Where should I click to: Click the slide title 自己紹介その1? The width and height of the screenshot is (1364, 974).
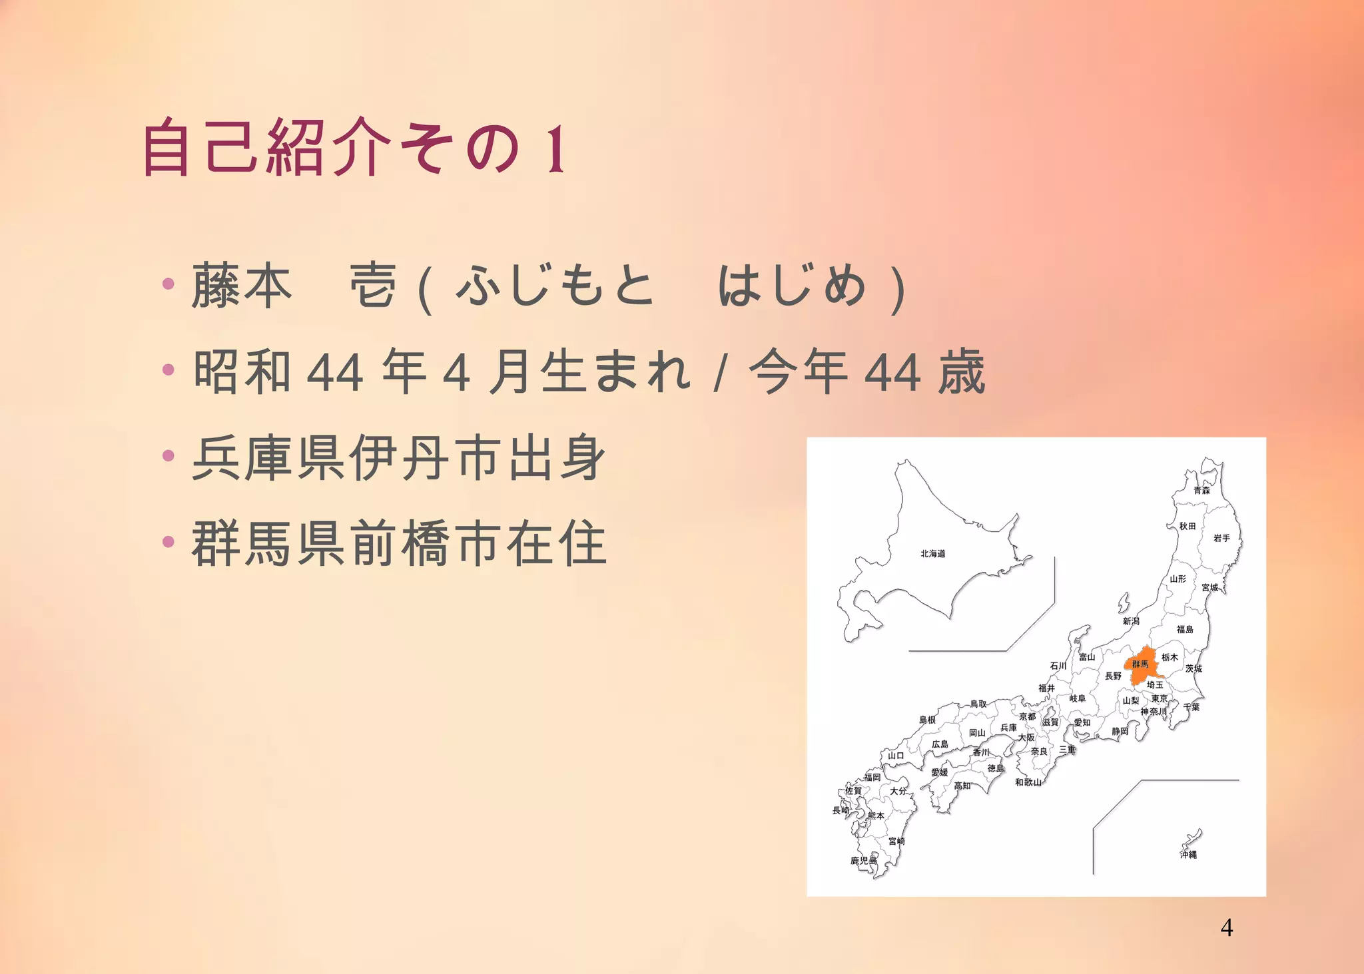[x=354, y=147]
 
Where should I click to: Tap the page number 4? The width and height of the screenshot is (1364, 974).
[x=1226, y=927]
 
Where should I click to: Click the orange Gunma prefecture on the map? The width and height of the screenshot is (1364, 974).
[x=1142, y=664]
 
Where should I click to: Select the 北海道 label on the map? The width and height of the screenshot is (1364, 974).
[x=932, y=553]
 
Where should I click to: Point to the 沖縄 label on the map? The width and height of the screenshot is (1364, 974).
[x=1188, y=854]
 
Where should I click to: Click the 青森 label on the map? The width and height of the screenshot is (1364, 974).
[x=1201, y=490]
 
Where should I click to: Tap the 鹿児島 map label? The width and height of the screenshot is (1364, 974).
[x=863, y=860]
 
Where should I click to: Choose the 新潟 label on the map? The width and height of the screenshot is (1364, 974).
[x=1131, y=621]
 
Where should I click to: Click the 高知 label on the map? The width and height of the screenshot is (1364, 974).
[x=962, y=786]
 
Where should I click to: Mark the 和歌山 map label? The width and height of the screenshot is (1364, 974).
[x=1028, y=782]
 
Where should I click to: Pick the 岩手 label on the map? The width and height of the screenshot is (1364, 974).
[x=1221, y=538]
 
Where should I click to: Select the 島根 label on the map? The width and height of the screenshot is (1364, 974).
[x=927, y=720]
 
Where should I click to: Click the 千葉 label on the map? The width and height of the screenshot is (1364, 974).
[x=1192, y=707]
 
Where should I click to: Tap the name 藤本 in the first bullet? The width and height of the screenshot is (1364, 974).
[x=242, y=286]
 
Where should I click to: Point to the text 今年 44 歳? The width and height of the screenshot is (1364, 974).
[x=866, y=371]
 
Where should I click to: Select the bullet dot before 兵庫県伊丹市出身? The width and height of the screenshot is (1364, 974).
[x=169, y=456]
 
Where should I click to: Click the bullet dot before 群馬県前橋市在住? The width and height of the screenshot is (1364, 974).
[x=169, y=542]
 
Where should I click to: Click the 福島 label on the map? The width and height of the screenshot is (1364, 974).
[x=1185, y=629]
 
